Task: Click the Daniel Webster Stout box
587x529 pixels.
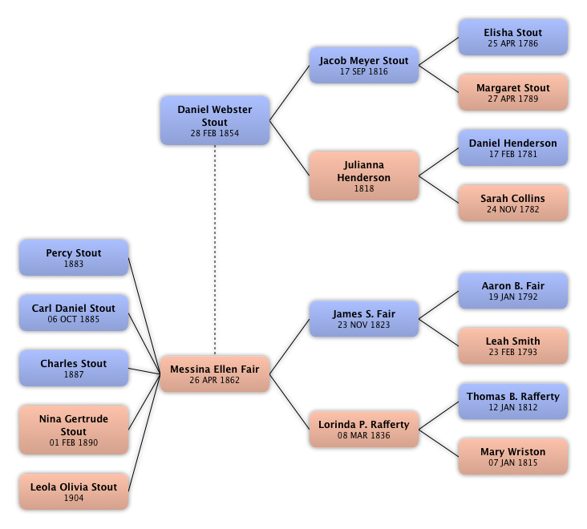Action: (215, 120)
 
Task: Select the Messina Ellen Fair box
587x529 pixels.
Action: (215, 374)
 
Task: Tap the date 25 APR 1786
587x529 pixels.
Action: (513, 43)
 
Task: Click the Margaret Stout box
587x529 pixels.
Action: (513, 92)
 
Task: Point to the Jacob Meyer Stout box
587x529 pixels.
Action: (364, 65)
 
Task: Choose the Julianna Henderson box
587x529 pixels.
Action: (364, 176)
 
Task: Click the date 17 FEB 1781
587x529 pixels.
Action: (513, 154)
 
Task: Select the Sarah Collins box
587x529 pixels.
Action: (513, 203)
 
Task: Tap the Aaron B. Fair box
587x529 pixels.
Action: (513, 291)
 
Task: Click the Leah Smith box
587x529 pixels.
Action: (513, 346)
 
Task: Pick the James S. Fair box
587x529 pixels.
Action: (364, 319)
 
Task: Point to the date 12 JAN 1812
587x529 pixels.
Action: (513, 407)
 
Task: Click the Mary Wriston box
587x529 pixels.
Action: (513, 456)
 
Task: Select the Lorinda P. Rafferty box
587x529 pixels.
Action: (364, 429)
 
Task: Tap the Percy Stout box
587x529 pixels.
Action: (74, 258)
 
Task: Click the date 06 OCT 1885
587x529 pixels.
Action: (74, 319)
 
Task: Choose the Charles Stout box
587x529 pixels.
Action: (74, 368)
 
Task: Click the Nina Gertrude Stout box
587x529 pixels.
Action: (74, 430)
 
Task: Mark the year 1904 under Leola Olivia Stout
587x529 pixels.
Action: (74, 498)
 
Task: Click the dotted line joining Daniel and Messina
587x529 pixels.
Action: (215, 251)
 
